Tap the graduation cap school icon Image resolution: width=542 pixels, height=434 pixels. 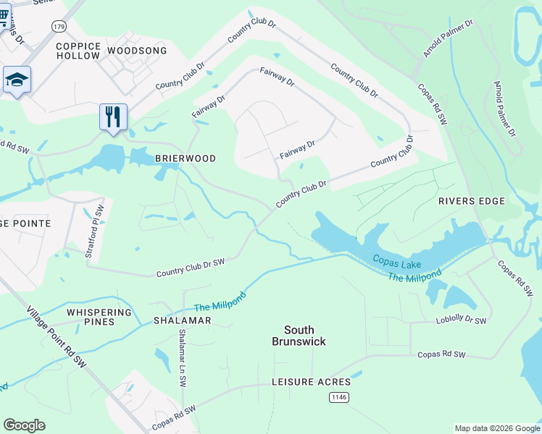[x=16, y=79]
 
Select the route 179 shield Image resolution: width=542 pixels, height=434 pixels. [x=59, y=25]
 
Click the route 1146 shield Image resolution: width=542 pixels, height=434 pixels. [x=338, y=397]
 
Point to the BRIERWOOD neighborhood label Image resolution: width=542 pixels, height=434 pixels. [x=185, y=158]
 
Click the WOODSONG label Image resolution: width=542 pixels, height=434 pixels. [x=136, y=51]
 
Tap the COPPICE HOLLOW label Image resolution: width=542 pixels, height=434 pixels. [x=78, y=51]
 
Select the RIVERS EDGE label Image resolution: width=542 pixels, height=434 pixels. [x=471, y=200]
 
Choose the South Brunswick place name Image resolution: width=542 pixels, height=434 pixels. [x=299, y=336]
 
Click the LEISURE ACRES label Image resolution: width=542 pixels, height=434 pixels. [x=311, y=381]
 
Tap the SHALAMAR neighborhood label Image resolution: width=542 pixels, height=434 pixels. [x=182, y=320]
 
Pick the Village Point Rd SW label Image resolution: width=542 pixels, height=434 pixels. [x=57, y=336]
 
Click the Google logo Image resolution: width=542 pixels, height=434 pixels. [x=24, y=425]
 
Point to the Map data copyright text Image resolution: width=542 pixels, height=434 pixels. [x=496, y=428]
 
